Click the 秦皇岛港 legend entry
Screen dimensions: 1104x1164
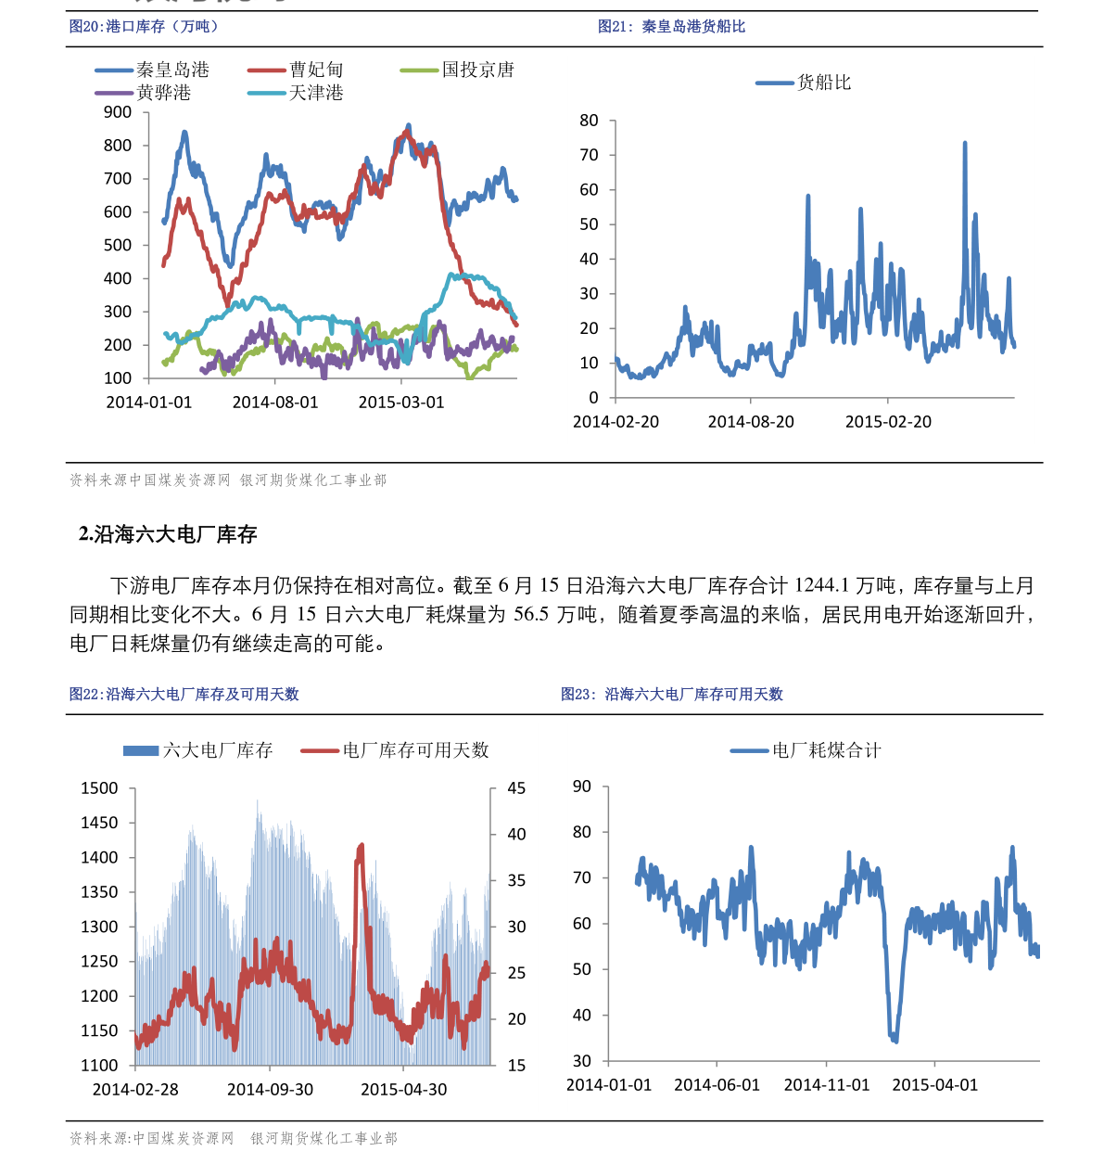[152, 70]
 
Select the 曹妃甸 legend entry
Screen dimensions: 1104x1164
[296, 70]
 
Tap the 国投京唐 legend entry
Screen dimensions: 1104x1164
[457, 70]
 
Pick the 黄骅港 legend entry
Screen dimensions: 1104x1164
[143, 93]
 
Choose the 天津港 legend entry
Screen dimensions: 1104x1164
[296, 93]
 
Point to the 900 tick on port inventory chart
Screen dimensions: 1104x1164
[117, 112]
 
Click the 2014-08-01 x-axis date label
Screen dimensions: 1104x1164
[275, 403]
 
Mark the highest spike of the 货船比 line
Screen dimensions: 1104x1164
[965, 143]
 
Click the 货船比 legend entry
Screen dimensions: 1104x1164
[804, 83]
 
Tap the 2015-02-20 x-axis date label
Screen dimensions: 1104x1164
[888, 422]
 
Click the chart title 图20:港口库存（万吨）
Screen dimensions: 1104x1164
[144, 27]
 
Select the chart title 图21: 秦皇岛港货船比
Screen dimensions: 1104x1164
[671, 27]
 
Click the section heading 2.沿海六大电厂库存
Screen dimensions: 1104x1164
[168, 534]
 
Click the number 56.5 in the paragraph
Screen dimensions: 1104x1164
[531, 614]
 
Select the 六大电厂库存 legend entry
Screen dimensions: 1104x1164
[197, 750]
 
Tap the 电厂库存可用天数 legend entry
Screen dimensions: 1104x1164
[395, 750]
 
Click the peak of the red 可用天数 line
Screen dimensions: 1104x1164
[362, 846]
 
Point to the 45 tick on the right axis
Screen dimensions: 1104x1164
[516, 788]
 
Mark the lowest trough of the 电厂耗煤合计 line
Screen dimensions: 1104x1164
[895, 1042]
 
